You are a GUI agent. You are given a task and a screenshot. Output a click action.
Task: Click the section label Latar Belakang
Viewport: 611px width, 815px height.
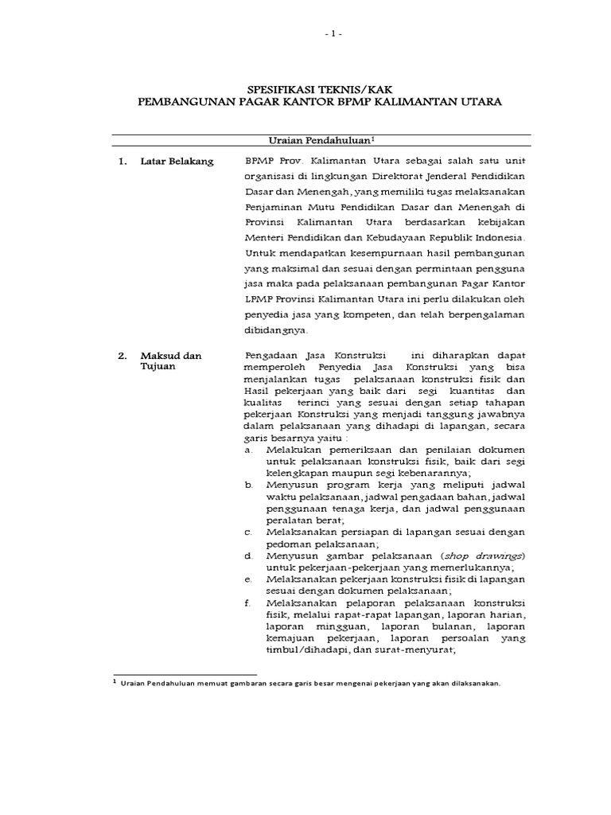(x=177, y=162)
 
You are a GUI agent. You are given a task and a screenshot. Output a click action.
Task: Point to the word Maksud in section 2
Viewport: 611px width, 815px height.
(x=158, y=355)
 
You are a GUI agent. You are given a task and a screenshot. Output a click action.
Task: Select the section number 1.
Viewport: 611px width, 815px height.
(x=123, y=162)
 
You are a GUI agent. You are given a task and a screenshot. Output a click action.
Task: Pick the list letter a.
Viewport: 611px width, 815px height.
(x=249, y=450)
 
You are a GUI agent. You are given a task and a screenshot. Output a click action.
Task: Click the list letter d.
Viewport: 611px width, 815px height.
(x=249, y=555)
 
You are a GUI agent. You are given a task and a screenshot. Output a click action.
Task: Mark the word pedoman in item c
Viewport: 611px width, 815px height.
(x=268, y=544)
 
